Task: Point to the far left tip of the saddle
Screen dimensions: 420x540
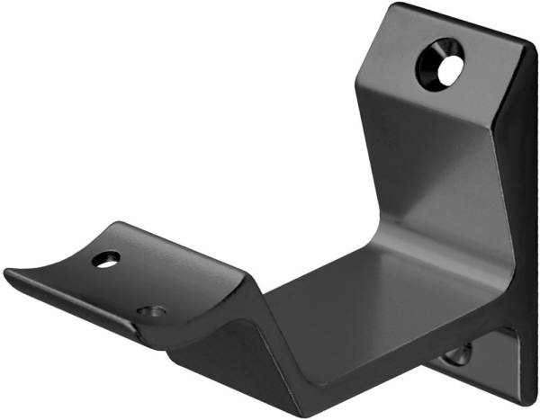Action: pyautogui.click(x=7, y=270)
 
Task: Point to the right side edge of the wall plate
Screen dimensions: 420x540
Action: pyautogui.click(x=526, y=225)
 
